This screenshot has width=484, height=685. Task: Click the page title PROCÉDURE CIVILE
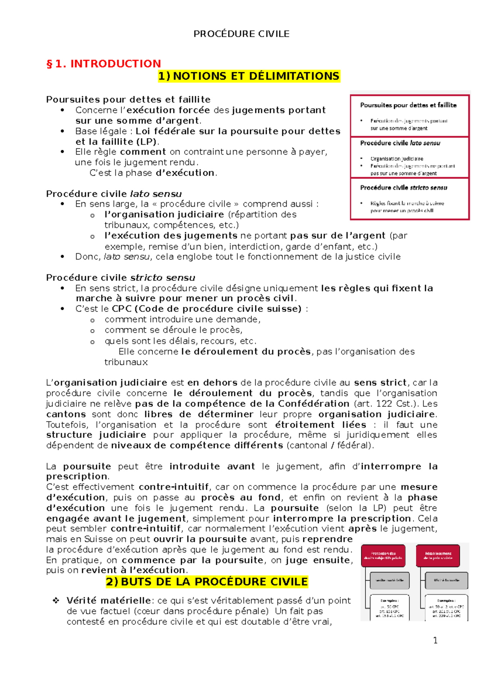241,34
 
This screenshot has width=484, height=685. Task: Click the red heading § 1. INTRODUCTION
104,64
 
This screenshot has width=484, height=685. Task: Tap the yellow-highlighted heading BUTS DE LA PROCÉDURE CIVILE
214,582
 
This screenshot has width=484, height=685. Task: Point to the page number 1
435,640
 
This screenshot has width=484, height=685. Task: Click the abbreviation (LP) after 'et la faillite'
147,142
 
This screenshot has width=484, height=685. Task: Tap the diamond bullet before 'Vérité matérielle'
56,601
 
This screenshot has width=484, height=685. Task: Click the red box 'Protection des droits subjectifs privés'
383,556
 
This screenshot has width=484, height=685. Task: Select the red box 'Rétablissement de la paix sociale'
438,556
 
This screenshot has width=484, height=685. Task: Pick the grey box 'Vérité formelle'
446,580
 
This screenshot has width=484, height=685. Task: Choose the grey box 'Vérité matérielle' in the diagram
389,580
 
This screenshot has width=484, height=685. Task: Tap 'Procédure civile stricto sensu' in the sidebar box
403,188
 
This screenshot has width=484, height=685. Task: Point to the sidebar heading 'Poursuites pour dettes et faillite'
408,105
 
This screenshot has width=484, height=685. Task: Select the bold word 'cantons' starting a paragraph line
66,414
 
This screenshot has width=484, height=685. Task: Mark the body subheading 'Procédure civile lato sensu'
114,194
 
